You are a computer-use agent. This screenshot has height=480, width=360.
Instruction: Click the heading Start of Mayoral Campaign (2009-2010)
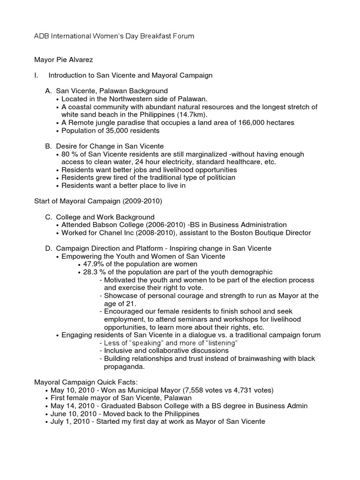(98, 202)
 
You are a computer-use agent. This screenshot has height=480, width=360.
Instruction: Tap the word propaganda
(126, 367)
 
